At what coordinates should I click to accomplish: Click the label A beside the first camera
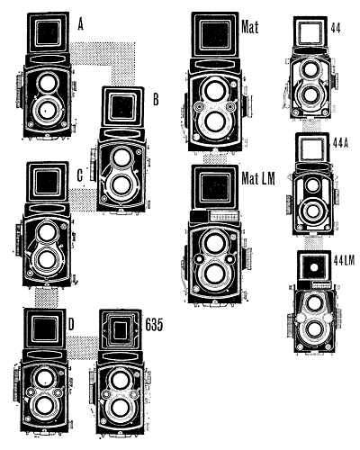(x=80, y=24)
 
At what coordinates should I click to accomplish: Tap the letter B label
(x=156, y=99)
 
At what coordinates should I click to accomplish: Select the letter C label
(x=80, y=175)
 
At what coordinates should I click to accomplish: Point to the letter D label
(x=71, y=324)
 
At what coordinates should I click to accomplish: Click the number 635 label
(x=154, y=324)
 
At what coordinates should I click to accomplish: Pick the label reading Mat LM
(x=258, y=179)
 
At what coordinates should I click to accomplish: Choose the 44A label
(x=340, y=143)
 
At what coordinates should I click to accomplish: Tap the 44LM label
(x=344, y=261)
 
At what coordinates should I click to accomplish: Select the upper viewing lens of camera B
(x=121, y=157)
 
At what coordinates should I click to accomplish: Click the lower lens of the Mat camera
(x=215, y=121)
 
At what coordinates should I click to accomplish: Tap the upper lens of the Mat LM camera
(x=213, y=242)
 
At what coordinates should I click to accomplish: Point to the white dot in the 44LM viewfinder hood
(x=313, y=267)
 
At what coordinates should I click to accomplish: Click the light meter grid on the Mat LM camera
(x=224, y=216)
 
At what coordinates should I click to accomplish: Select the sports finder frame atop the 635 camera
(x=121, y=329)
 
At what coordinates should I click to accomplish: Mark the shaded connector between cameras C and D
(x=47, y=297)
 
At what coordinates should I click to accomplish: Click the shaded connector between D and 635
(x=82, y=347)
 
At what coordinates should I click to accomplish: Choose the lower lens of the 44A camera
(x=313, y=211)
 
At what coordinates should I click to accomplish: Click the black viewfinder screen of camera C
(x=47, y=182)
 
